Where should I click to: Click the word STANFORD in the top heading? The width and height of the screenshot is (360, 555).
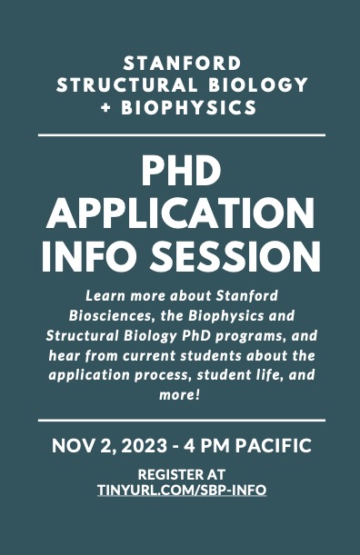pyautogui.click(x=181, y=64)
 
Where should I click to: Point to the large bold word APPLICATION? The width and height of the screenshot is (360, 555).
pyautogui.click(x=181, y=214)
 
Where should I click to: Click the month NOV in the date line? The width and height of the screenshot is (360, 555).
pyautogui.click(x=71, y=447)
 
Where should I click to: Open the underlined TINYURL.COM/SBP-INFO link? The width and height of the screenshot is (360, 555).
pyautogui.click(x=180, y=490)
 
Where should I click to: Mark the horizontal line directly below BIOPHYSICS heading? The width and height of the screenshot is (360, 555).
pyautogui.click(x=180, y=134)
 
